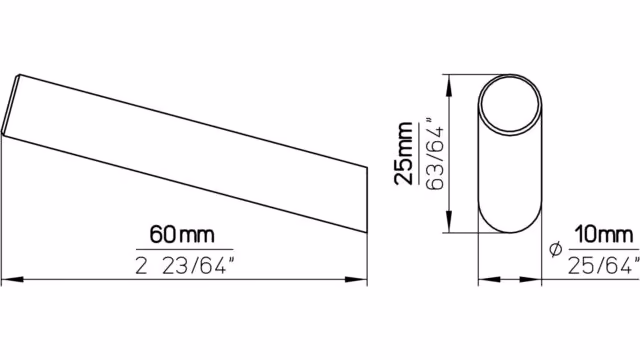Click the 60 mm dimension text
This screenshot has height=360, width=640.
pyautogui.click(x=182, y=235)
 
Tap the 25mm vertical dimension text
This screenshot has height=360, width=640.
pyautogui.click(x=404, y=153)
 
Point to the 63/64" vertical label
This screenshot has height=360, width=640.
pyautogui.click(x=434, y=154)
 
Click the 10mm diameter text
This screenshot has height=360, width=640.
pyautogui.click(x=604, y=235)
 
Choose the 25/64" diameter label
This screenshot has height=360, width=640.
pyautogui.click(x=604, y=265)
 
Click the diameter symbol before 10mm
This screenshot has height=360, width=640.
pyautogui.click(x=556, y=248)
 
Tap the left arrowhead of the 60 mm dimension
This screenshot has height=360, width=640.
pyautogui.click(x=12, y=280)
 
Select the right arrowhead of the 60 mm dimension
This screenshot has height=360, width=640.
pyautogui.click(x=356, y=280)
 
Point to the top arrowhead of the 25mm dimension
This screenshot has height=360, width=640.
pyautogui.click(x=449, y=86)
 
